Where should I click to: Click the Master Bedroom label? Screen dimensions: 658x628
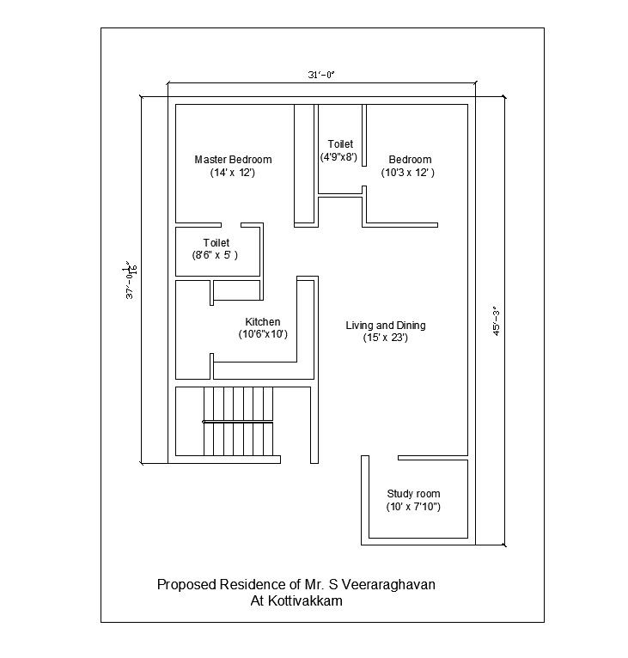point(233,160)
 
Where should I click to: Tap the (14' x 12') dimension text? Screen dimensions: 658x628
point(233,173)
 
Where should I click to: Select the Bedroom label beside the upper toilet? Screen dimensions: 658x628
point(410,160)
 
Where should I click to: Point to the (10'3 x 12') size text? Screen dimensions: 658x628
point(408,173)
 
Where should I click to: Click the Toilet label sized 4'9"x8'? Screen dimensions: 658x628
point(340,144)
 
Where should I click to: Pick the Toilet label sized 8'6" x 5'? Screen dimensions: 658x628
point(216,243)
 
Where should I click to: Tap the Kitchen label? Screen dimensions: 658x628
point(263,322)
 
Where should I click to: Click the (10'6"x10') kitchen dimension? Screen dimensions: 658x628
point(263,334)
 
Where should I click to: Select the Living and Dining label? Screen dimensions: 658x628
point(386,326)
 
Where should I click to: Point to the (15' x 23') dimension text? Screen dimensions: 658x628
point(385,338)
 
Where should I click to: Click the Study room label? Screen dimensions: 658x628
point(413,494)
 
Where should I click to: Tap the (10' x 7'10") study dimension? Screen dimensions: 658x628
point(413,507)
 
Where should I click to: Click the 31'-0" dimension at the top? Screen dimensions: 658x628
point(321,76)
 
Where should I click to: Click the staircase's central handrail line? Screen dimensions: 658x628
point(240,422)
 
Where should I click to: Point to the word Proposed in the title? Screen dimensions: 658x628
point(185,585)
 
